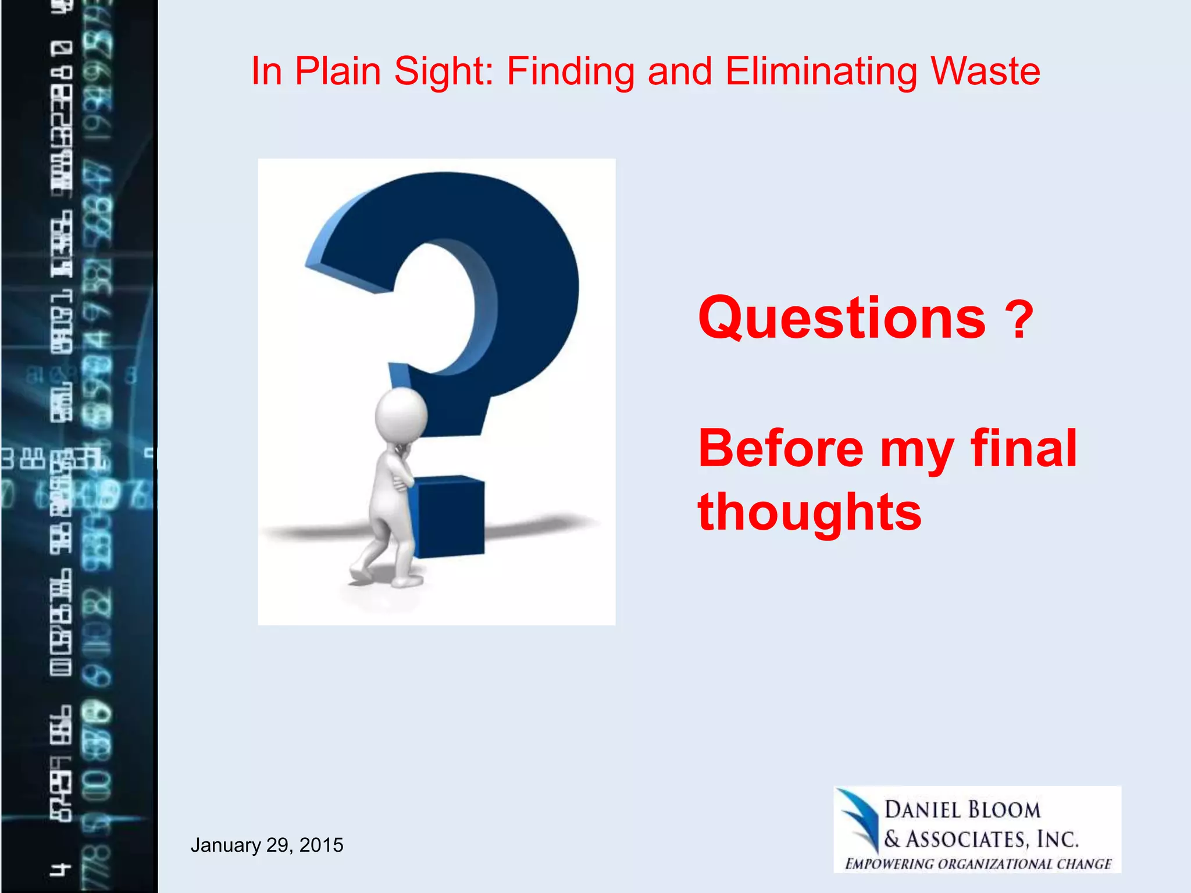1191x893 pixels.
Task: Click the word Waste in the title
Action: point(985,72)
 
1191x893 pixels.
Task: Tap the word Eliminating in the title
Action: point(822,72)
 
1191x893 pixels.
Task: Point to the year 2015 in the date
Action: point(321,845)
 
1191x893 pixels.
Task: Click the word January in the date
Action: point(226,845)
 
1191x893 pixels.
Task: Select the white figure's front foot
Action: point(406,580)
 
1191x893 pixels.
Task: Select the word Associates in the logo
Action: point(968,839)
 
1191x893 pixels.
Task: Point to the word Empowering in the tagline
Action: point(890,864)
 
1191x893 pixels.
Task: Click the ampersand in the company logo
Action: point(892,839)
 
